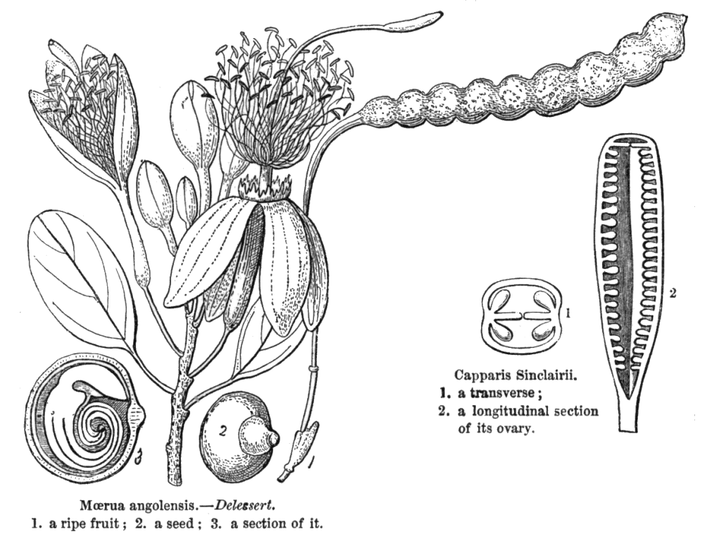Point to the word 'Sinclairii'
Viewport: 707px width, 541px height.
(x=542, y=375)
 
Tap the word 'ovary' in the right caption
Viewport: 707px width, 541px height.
(x=515, y=428)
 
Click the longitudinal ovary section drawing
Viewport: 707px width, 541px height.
(x=629, y=282)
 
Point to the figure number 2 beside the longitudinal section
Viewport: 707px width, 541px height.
(x=672, y=293)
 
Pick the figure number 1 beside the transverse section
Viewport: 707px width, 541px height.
(x=568, y=311)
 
